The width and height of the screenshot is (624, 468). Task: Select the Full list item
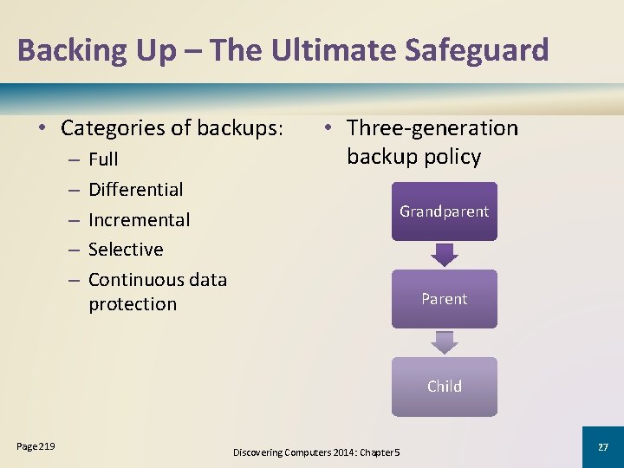coord(103,159)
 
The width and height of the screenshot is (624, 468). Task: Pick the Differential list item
coord(135,190)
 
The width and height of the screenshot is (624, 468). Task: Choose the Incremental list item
coord(139,220)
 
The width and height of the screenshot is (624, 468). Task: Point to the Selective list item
coord(126,250)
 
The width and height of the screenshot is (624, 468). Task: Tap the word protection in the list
coord(132,304)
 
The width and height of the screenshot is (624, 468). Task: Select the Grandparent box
coord(444,211)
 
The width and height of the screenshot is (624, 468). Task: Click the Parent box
coord(444,299)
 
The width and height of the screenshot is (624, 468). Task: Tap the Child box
coord(444,387)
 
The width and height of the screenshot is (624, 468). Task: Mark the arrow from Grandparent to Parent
coord(444,255)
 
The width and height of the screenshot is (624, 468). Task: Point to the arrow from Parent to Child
coord(444,342)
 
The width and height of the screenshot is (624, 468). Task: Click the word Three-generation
coord(432,128)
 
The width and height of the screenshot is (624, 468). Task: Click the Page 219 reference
coord(36,446)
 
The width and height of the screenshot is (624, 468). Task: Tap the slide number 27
coord(602,446)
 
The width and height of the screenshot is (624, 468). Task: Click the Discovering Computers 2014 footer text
coord(315,452)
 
